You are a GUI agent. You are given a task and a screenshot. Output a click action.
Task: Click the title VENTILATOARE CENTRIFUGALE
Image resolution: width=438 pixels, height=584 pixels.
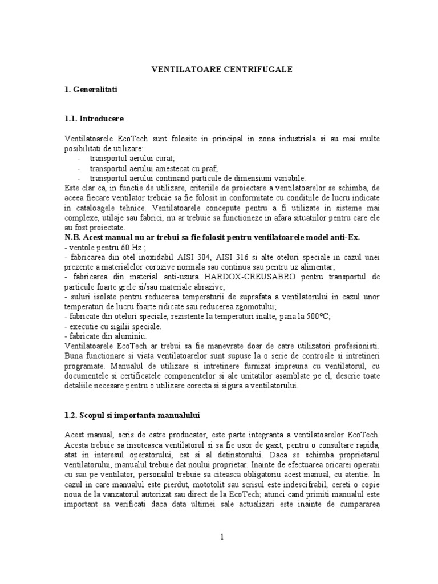[x=221, y=69]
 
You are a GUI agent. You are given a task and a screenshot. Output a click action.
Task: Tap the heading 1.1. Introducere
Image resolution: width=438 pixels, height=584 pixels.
[x=94, y=119]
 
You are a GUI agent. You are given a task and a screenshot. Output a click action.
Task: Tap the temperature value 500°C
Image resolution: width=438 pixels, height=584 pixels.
[x=318, y=315]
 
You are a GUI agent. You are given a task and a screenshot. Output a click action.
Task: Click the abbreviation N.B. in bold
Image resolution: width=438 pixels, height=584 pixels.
[x=74, y=237]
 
